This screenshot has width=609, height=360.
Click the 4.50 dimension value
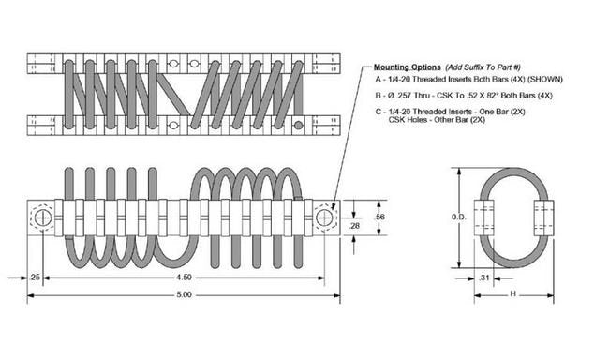coord(184,277)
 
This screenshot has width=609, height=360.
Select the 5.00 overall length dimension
coord(184,294)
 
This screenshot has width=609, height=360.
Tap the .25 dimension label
coord(35,277)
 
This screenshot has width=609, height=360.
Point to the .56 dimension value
coord(380,217)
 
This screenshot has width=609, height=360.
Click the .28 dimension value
coord(354,226)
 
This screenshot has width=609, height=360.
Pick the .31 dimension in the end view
coord(483,277)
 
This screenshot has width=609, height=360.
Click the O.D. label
coord(459,217)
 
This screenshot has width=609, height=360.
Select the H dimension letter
coord(512,294)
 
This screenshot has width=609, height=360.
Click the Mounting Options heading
coord(407,67)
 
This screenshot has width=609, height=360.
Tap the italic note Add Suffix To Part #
coord(483,67)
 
